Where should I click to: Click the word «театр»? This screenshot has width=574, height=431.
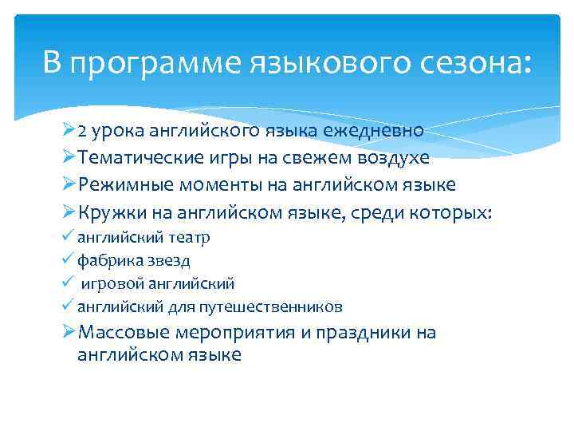(189, 238)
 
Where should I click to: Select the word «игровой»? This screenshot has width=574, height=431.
(109, 284)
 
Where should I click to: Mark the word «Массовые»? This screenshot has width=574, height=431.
(119, 333)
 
